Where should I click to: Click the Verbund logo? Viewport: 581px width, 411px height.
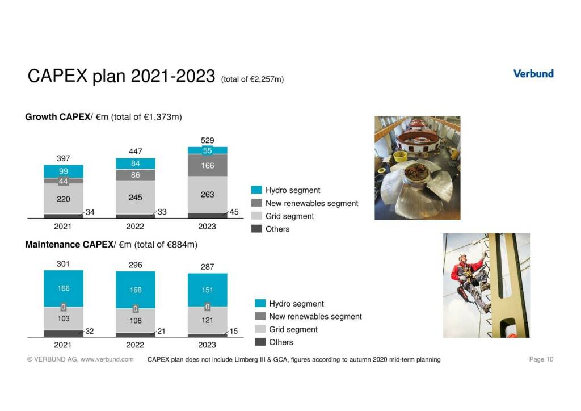(533, 73)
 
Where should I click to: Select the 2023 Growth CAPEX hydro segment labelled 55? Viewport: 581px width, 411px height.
(207, 150)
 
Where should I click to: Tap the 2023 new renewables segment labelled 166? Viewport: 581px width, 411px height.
(207, 166)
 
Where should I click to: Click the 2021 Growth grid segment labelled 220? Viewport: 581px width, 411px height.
(63, 199)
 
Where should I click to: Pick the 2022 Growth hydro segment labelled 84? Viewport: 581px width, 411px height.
(135, 163)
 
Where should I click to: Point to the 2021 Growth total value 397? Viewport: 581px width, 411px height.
(63, 158)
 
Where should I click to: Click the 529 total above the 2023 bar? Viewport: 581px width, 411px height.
(207, 140)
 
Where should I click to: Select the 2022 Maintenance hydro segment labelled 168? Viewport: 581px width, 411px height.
(135, 290)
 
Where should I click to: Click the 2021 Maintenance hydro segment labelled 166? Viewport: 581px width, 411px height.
(63, 288)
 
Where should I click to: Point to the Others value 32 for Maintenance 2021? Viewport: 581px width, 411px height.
(90, 331)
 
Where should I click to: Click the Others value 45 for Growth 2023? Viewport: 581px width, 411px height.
(234, 212)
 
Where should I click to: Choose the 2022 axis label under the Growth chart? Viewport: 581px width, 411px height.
(135, 226)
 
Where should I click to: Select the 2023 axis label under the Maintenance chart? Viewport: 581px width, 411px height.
(207, 345)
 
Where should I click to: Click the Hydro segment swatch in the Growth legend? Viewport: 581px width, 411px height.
(256, 190)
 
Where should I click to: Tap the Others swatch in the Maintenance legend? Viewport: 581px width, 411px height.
(260, 342)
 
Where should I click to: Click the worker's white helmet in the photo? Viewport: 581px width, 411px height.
(463, 256)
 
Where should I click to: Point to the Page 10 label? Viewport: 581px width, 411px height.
(541, 359)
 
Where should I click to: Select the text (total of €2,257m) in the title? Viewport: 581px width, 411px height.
(252, 79)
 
